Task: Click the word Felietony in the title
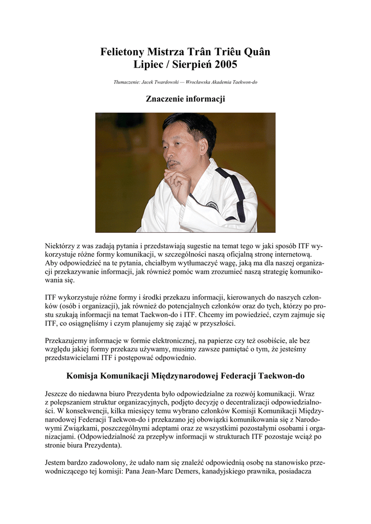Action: pyautogui.click(x=122, y=53)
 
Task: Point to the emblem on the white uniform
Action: pyautogui.click(x=212, y=206)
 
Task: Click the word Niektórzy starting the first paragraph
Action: pyautogui.click(x=60, y=246)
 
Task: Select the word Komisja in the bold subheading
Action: pyautogui.click(x=82, y=376)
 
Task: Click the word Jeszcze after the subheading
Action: pyautogui.click(x=58, y=394)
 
